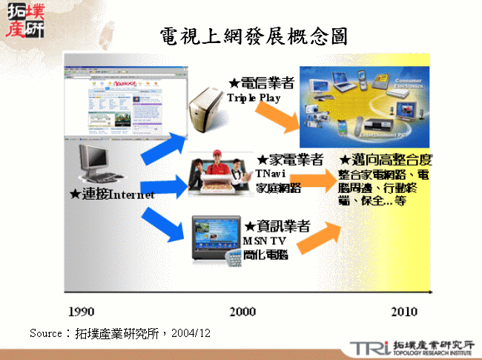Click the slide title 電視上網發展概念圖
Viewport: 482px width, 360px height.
pos(253,36)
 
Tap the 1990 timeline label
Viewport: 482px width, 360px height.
pos(82,310)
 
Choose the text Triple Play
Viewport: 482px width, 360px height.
pos(254,98)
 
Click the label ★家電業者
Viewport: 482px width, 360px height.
pos(289,160)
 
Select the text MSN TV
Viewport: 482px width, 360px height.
pos(263,241)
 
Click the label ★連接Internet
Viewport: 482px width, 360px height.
pos(112,194)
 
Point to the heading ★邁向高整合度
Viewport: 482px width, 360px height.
pos(386,160)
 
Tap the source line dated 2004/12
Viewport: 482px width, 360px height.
pos(120,333)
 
